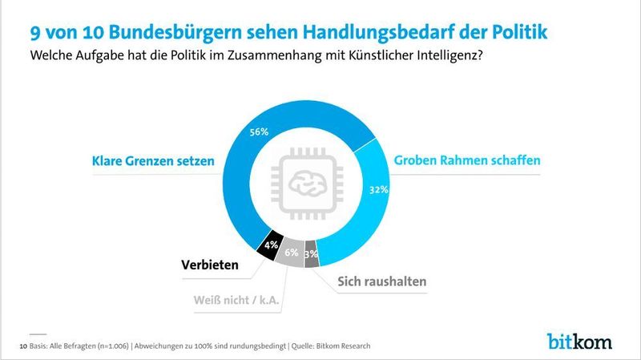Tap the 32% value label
click(379, 190)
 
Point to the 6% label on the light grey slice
click(291, 252)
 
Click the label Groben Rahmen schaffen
click(467, 160)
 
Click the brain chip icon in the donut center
click(308, 183)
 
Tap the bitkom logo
click(579, 341)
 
